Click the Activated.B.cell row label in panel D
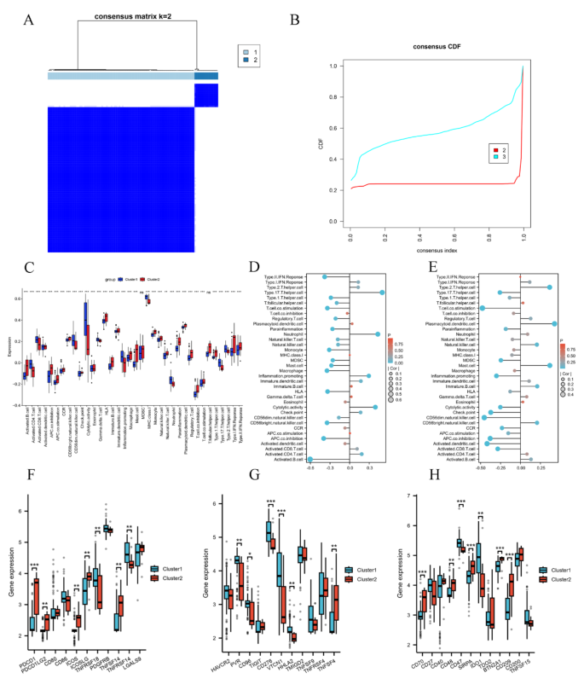click(284, 460)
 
